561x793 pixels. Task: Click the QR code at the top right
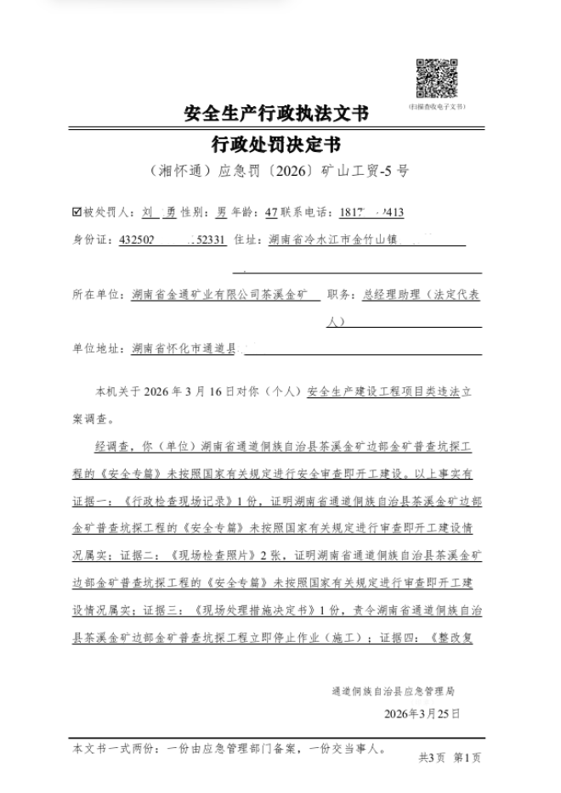pos(437,78)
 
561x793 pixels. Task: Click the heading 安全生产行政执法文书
pos(276,114)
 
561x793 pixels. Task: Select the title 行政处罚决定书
pos(276,142)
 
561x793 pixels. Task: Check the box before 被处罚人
pos(78,212)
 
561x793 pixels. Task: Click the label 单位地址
pos(99,348)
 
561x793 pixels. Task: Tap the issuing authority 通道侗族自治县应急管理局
pos(394,691)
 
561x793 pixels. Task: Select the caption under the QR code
pos(437,107)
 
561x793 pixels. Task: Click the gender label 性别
pos(191,212)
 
